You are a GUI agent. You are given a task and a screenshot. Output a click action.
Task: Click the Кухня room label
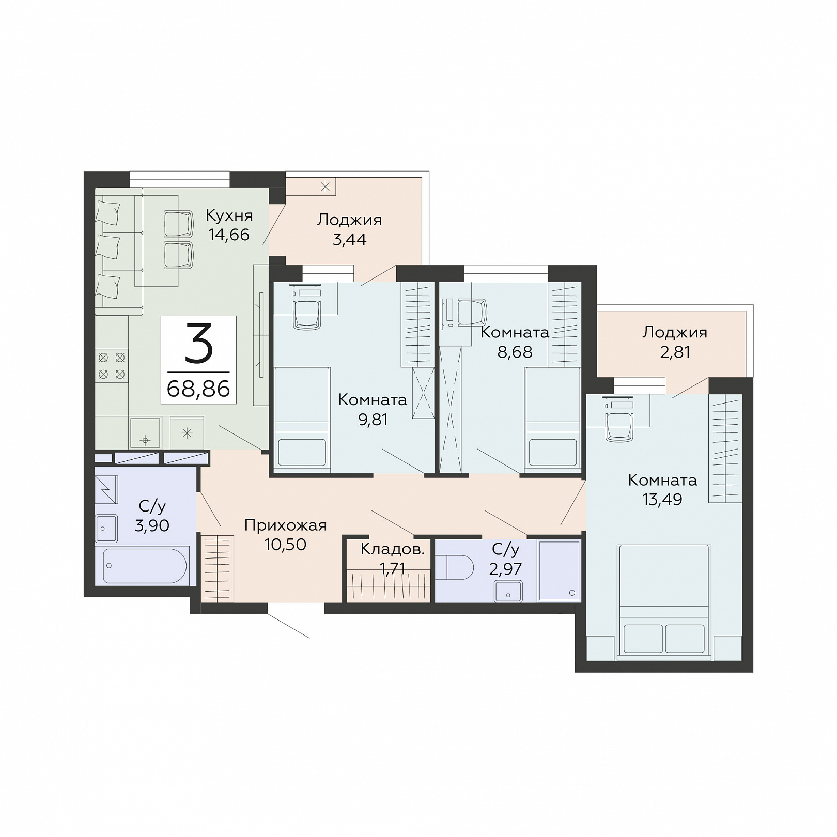(x=229, y=215)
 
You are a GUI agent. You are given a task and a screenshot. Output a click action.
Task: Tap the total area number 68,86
(x=198, y=389)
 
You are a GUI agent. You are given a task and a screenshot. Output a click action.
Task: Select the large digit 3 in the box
(x=199, y=342)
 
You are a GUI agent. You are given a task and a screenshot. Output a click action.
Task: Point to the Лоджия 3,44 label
(x=349, y=229)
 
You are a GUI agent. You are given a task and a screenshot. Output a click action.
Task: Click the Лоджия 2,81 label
(x=675, y=342)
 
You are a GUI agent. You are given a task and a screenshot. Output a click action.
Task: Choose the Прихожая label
(x=286, y=525)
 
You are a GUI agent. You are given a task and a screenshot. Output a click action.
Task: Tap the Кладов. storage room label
(x=392, y=549)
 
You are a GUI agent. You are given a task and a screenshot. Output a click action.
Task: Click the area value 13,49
(x=662, y=500)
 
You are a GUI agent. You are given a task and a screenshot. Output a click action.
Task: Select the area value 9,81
(x=373, y=420)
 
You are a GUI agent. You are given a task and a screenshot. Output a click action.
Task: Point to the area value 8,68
(x=515, y=352)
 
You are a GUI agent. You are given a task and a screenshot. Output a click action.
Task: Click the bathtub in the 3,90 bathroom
(x=145, y=566)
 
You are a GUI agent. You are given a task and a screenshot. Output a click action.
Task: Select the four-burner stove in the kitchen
(x=112, y=366)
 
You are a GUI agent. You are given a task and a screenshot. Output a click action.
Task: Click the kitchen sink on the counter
(x=145, y=433)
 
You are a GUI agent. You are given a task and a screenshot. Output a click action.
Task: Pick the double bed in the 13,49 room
(x=664, y=602)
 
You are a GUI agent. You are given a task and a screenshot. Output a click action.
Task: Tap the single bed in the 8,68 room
(x=552, y=419)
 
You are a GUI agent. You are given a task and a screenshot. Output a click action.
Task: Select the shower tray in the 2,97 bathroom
(x=559, y=570)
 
